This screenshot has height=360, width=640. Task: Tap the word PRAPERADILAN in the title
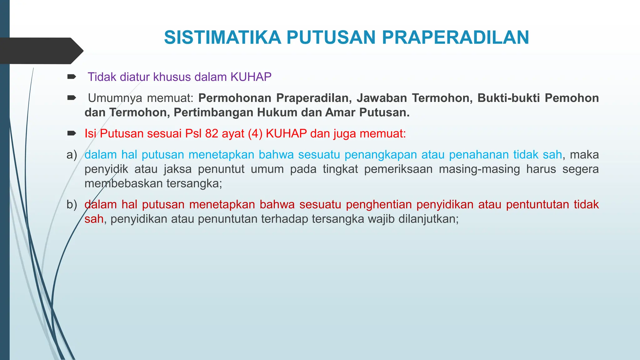pyautogui.click(x=455, y=37)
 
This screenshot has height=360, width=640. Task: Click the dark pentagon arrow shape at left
pyautogui.click(x=41, y=51)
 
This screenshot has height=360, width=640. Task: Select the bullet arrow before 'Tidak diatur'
pyautogui.click(x=72, y=77)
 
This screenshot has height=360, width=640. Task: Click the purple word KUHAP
pyautogui.click(x=251, y=77)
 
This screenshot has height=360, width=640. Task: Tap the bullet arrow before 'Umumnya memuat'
pyautogui.click(x=72, y=98)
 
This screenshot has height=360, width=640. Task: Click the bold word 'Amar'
pyautogui.click(x=340, y=112)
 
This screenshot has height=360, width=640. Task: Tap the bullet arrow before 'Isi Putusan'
pyautogui.click(x=72, y=134)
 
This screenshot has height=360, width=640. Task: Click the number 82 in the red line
pyautogui.click(x=212, y=134)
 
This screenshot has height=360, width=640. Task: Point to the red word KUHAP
pyautogui.click(x=286, y=134)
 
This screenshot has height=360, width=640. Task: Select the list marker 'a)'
pyautogui.click(x=72, y=155)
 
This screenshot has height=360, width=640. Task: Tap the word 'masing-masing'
pyautogui.click(x=479, y=169)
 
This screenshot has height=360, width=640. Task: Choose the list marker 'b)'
pyautogui.click(x=72, y=205)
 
